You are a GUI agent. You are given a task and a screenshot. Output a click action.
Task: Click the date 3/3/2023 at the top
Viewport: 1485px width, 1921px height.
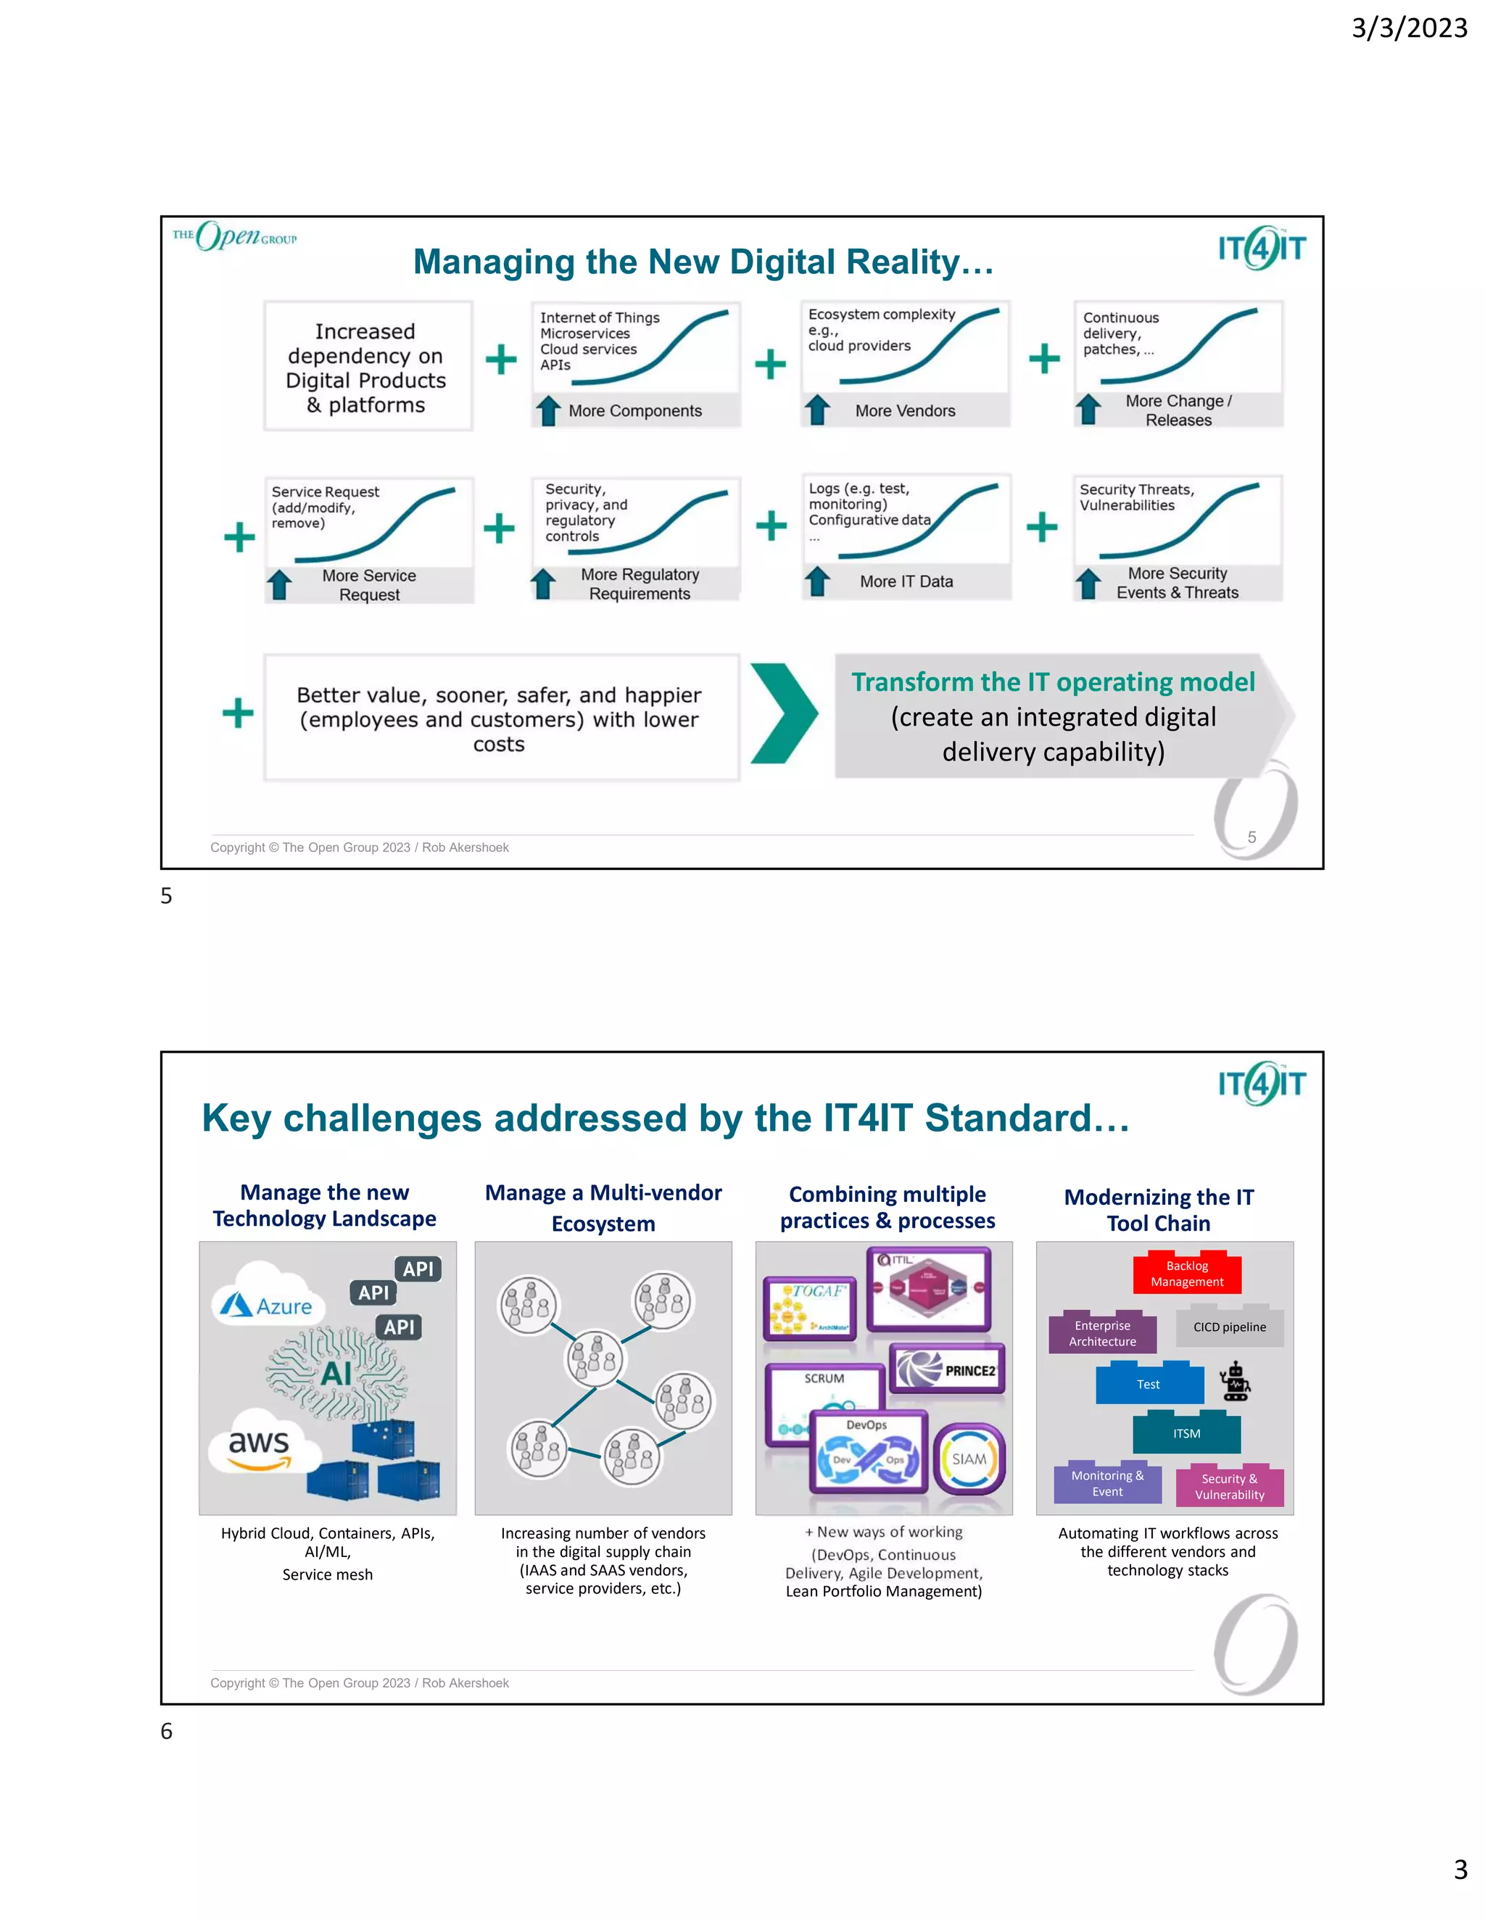pyautogui.click(x=1408, y=28)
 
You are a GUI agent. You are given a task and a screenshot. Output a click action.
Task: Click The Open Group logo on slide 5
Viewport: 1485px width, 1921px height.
pyautogui.click(x=235, y=236)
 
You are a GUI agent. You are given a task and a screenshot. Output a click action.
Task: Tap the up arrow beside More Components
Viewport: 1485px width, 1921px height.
pyautogui.click(x=549, y=410)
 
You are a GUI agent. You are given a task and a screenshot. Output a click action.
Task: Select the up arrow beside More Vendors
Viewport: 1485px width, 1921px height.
pyautogui.click(x=817, y=409)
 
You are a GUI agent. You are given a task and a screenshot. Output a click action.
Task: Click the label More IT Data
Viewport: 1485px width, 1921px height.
pyautogui.click(x=906, y=581)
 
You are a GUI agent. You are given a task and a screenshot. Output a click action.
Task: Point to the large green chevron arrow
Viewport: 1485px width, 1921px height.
pyautogui.click(x=783, y=713)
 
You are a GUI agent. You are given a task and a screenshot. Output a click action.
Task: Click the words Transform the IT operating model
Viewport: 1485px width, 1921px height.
pyautogui.click(x=1052, y=683)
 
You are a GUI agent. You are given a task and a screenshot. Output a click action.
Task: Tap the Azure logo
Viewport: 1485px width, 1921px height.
pyautogui.click(x=268, y=1306)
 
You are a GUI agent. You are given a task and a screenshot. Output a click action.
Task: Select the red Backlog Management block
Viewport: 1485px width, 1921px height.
pyautogui.click(x=1187, y=1274)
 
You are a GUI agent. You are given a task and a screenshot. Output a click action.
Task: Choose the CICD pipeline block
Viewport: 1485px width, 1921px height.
pyautogui.click(x=1229, y=1327)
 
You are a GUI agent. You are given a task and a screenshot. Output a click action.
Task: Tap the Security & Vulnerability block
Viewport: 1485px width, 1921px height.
pyautogui.click(x=1229, y=1487)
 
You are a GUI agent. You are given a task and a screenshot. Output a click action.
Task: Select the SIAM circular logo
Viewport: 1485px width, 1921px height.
pyautogui.click(x=969, y=1459)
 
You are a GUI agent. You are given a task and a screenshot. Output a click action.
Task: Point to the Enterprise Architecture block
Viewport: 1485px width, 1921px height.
pyautogui.click(x=1102, y=1333)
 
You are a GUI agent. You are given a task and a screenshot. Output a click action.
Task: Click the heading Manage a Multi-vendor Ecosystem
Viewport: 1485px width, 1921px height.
pyautogui.click(x=603, y=1208)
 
